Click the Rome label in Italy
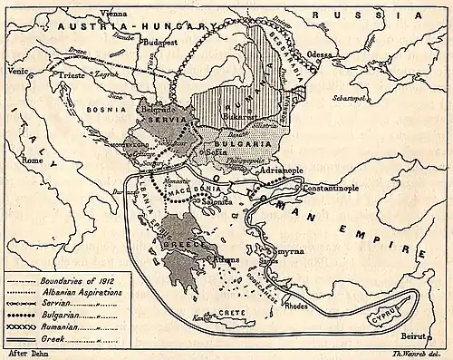click(33, 161)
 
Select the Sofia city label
click(219, 152)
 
